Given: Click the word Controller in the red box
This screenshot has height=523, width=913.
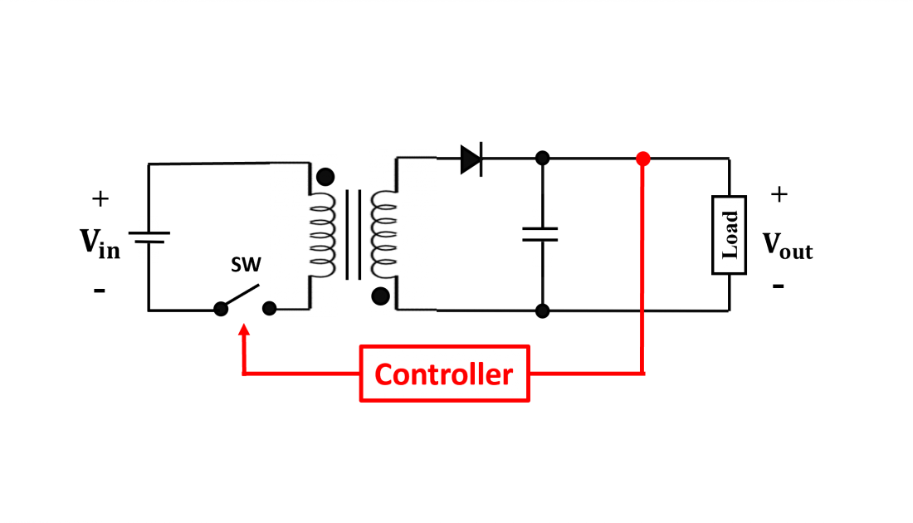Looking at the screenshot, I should [x=444, y=374].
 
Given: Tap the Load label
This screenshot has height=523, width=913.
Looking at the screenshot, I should [x=729, y=235].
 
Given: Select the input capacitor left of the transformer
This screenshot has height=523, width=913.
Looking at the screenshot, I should [x=149, y=239].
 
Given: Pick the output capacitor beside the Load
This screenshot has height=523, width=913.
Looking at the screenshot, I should [x=542, y=237].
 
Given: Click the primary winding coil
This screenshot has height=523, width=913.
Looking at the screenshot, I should [x=321, y=235].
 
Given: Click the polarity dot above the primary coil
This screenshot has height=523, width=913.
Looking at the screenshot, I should [x=325, y=177].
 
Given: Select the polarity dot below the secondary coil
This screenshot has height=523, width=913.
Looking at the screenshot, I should [x=381, y=296].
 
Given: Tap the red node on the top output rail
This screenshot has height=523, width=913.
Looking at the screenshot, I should [x=642, y=159].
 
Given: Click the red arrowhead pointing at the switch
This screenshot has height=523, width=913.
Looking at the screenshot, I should [x=244, y=330].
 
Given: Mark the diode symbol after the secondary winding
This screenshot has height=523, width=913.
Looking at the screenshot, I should [x=472, y=159].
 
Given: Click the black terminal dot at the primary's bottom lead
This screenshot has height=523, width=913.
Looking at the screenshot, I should [x=270, y=309].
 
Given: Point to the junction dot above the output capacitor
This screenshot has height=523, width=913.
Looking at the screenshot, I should [x=542, y=158].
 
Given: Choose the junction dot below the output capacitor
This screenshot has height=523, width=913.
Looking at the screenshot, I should [x=542, y=311].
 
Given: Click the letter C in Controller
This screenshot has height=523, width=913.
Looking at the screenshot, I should [x=383, y=374].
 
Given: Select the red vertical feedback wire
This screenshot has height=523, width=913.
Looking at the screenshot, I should [x=642, y=249].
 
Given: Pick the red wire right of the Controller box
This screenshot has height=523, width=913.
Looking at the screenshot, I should [x=585, y=374].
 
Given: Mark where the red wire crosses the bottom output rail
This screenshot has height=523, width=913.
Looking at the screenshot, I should [x=642, y=311].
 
